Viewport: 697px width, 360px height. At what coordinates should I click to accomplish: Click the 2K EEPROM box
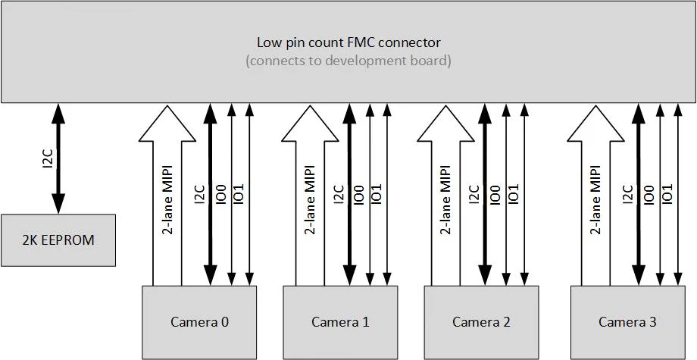coord(58,240)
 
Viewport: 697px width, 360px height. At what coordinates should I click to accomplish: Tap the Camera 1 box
coord(340,321)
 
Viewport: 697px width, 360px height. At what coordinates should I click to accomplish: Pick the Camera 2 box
coord(481,321)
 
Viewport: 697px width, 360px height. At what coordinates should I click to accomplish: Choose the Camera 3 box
coord(627,321)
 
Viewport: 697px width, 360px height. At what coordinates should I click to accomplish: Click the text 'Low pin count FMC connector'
coord(348,42)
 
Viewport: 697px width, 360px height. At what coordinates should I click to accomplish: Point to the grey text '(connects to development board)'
coord(348,61)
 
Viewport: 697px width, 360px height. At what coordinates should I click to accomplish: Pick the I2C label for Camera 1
coord(339,195)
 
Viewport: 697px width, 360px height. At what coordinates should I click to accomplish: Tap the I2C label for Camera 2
coord(474,195)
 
